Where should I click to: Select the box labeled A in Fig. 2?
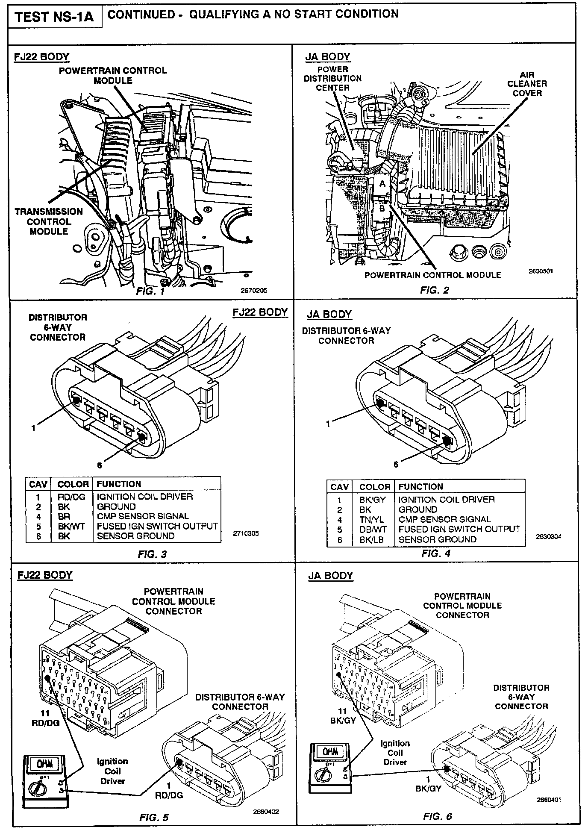382,184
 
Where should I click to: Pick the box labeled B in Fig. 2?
382,209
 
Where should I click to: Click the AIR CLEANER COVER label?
527,84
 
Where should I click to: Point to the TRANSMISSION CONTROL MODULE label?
49,221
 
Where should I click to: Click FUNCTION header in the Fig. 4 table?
420,487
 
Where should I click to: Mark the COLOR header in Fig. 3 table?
73,484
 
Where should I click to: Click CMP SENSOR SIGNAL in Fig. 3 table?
143,516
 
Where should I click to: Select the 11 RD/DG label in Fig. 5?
45,718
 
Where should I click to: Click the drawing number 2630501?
541,271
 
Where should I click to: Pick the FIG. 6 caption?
437,816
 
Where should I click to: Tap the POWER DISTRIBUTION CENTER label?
332,79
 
